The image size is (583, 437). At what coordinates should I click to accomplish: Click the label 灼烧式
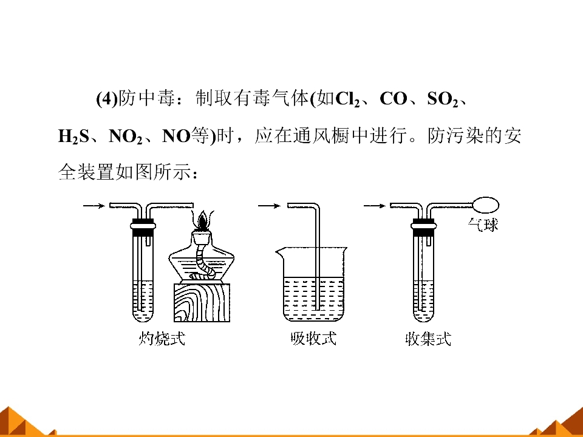click(x=162, y=338)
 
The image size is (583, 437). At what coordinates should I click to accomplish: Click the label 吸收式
click(x=313, y=338)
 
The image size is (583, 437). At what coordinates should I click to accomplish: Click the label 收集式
click(x=428, y=339)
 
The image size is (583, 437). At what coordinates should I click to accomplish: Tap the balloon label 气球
click(x=483, y=225)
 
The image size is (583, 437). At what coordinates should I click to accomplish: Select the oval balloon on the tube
click(x=486, y=205)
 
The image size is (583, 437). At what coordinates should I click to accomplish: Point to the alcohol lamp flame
click(x=203, y=220)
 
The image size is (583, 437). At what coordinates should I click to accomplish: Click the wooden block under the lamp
click(x=202, y=302)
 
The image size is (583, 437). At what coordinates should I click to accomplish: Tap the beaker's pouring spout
click(x=279, y=252)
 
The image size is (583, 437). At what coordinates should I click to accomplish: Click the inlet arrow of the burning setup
click(x=94, y=206)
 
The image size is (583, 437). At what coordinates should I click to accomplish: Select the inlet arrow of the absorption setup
click(x=269, y=206)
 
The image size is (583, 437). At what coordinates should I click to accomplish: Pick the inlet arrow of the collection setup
click(x=375, y=206)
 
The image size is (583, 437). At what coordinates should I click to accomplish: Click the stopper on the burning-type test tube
click(x=143, y=227)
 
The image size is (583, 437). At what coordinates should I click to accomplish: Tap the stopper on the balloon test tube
click(x=424, y=227)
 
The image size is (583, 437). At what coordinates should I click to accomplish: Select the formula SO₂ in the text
click(x=443, y=99)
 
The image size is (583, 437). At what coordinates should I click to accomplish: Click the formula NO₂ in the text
click(x=126, y=137)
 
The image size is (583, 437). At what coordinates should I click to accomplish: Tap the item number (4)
click(x=107, y=100)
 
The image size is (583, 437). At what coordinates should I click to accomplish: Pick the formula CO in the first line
click(x=394, y=99)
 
